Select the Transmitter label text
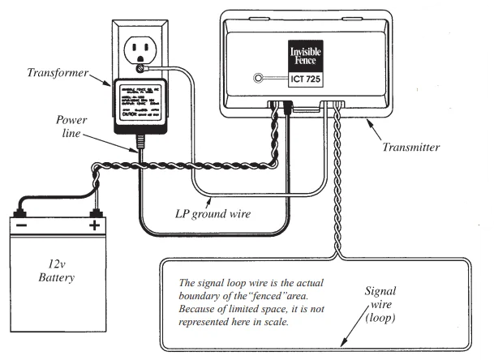click(411, 148)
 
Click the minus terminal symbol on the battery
click(22, 225)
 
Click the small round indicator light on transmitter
click(259, 79)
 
